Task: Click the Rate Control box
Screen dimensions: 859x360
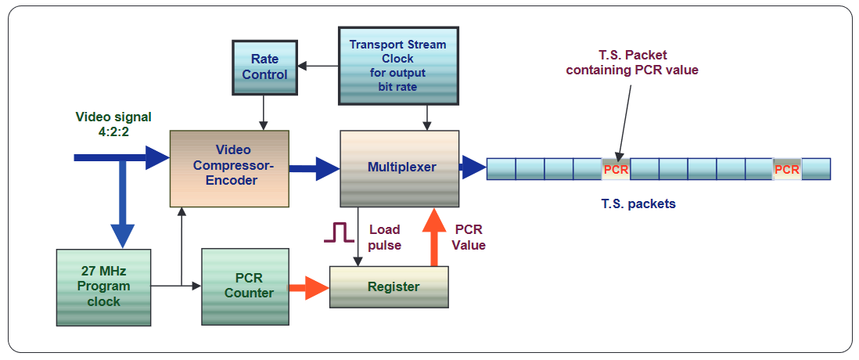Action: point(264,67)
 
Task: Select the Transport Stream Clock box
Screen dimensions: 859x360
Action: point(397,65)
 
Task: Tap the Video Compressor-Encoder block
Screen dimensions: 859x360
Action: point(229,169)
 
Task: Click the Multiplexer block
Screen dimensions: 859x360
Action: point(399,169)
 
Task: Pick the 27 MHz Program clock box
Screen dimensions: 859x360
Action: point(103,287)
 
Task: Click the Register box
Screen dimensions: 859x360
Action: point(389,287)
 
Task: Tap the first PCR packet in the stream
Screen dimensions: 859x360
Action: point(616,169)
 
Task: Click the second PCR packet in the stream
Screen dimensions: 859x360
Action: point(787,169)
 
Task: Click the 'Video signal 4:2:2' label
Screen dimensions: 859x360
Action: point(113,124)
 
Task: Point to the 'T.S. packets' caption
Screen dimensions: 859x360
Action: point(638,203)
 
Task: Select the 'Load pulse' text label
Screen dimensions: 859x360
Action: point(385,237)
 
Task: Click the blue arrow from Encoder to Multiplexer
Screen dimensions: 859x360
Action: point(314,169)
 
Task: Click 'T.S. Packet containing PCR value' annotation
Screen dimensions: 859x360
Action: point(632,63)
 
